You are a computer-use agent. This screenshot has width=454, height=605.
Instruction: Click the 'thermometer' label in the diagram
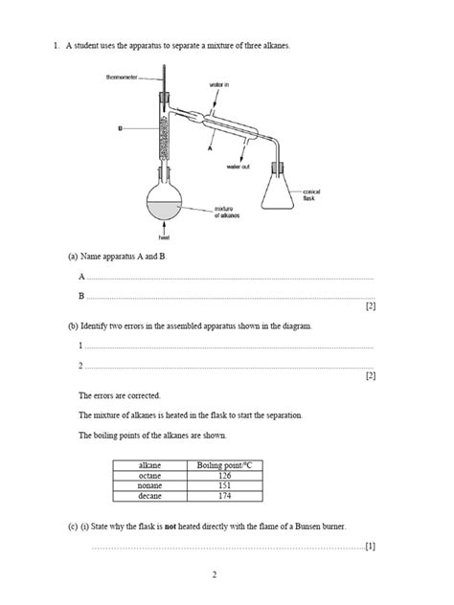[124, 78]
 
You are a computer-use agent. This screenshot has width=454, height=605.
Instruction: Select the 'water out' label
[239, 166]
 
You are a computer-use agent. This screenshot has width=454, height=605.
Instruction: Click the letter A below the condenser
[210, 148]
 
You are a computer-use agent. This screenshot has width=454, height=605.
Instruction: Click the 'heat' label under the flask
[163, 236]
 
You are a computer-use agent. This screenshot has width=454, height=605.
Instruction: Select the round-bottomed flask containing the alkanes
[164, 202]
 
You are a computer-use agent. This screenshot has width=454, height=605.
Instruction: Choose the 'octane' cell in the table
[150, 475]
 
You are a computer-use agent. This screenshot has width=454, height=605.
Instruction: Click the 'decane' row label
[150, 496]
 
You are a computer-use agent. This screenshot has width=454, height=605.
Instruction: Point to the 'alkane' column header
[150, 464]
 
